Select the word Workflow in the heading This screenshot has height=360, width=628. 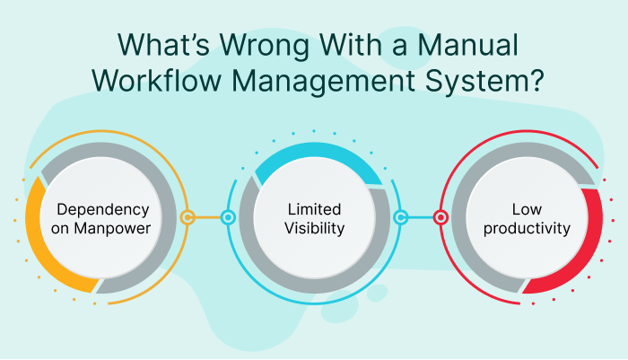[x=155, y=80]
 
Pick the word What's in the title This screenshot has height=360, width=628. [x=148, y=45]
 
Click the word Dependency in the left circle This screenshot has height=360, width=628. [x=102, y=209]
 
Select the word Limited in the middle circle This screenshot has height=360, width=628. [x=314, y=209]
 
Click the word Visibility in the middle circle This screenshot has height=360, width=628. [x=314, y=229]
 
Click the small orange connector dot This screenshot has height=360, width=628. [x=188, y=217]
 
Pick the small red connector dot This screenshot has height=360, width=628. [x=440, y=217]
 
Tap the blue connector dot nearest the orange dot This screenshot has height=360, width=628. [x=228, y=217]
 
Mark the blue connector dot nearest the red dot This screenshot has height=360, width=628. [x=401, y=217]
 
